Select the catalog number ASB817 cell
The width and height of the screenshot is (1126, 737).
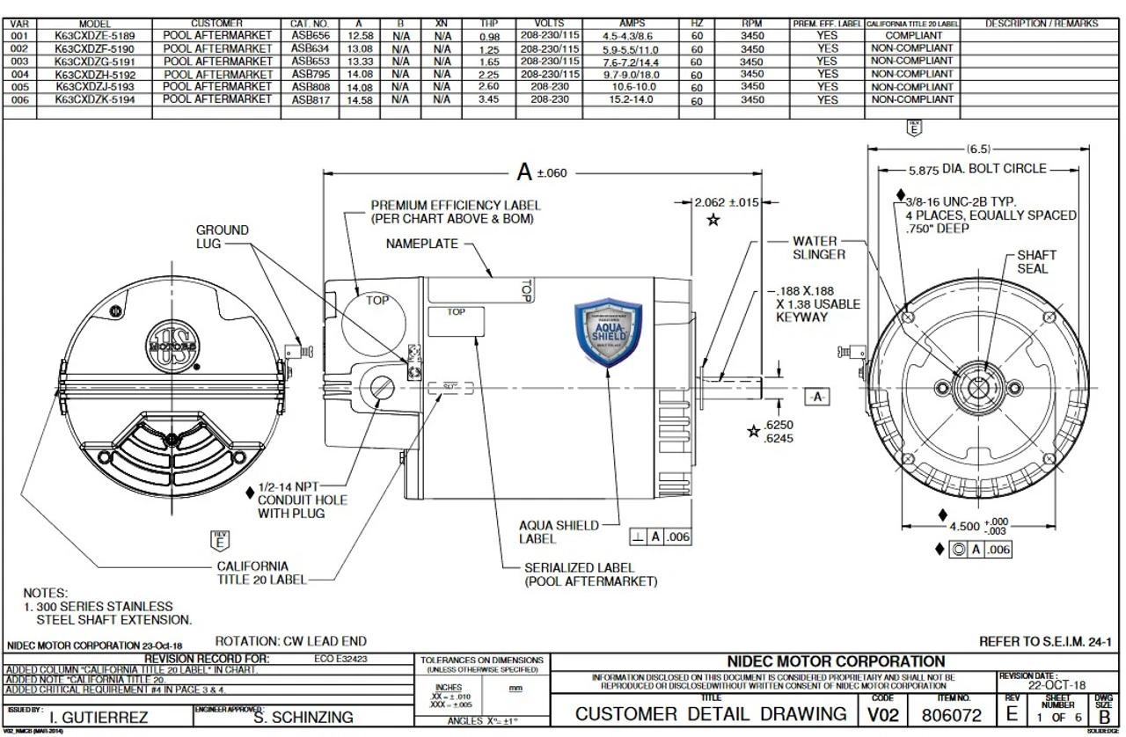[x=310, y=100]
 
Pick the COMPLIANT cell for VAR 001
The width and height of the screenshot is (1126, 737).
[x=911, y=35]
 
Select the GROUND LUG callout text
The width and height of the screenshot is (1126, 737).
[x=222, y=237]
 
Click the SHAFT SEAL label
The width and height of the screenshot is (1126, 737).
[x=1036, y=261]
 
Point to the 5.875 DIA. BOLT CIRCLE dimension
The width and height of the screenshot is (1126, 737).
[x=977, y=169]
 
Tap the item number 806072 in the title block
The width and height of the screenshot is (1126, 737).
[x=951, y=714]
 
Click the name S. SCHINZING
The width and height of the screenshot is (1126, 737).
[x=303, y=717]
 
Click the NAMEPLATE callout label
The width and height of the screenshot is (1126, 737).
[x=421, y=244]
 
